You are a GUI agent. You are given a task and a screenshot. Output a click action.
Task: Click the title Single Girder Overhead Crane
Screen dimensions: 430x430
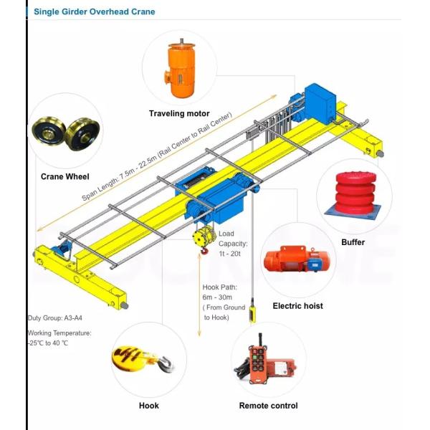click(x=94, y=11)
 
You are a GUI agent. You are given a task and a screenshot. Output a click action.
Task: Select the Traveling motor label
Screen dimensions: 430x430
click(x=179, y=113)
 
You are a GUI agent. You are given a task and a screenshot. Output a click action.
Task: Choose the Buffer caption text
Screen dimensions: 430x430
click(x=353, y=242)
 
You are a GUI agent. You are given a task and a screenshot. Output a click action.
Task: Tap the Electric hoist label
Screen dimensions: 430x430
click(x=297, y=306)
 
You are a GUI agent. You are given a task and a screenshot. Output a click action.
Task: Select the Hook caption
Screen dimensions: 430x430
click(x=148, y=406)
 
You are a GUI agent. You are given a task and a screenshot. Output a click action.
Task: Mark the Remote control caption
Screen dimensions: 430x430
click(x=268, y=406)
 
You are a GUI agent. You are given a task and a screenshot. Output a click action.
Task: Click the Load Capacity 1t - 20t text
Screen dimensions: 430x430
click(x=233, y=244)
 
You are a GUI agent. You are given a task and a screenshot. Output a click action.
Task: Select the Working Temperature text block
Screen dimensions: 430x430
click(x=59, y=338)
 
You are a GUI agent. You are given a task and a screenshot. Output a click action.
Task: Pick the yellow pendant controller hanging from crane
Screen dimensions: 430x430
click(x=252, y=313)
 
